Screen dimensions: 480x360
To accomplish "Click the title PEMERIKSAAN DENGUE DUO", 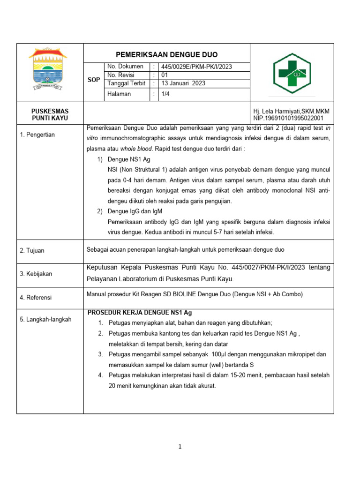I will click(167, 54).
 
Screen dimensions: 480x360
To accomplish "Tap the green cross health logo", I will click(292, 73).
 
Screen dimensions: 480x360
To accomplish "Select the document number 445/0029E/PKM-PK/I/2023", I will click(196, 67).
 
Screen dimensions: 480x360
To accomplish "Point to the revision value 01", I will click(165, 75).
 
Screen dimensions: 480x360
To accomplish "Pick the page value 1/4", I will click(166, 94).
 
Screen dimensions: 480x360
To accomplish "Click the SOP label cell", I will click(94, 80).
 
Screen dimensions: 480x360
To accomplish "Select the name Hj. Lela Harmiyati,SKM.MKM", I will click(291, 111).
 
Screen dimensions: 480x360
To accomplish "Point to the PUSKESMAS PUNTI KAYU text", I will click(50, 115).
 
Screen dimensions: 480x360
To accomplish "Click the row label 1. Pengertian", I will click(37, 135).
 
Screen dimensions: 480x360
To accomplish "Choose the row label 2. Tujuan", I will click(32, 250).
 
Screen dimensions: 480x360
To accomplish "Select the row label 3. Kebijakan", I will click(36, 273).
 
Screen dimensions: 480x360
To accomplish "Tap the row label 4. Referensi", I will click(36, 297).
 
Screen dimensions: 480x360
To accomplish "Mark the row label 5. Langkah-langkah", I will click(45, 319).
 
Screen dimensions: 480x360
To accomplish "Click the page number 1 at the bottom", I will click(180, 447).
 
